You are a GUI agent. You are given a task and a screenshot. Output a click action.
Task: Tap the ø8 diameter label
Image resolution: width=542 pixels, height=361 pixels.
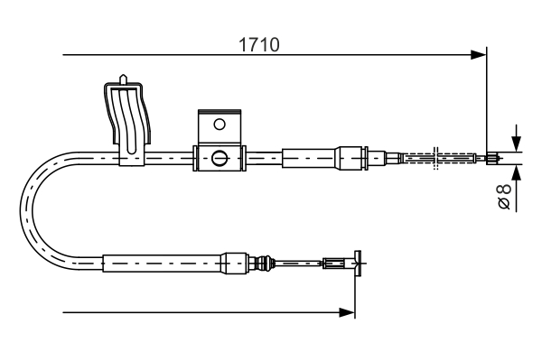(505, 197)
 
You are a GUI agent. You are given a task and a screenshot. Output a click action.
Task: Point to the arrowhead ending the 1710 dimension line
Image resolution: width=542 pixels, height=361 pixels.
(480, 56)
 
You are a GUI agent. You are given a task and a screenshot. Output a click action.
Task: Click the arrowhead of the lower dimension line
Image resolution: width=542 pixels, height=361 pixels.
(347, 312)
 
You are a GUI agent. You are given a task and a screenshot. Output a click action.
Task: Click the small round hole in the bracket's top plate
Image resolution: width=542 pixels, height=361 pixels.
(219, 124)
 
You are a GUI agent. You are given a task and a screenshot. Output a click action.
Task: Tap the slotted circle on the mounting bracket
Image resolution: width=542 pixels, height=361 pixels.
(219, 159)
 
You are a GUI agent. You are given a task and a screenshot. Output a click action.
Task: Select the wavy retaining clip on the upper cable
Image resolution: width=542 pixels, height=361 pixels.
(126, 122)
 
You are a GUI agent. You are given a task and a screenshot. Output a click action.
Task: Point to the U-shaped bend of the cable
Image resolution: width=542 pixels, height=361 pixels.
(34, 212)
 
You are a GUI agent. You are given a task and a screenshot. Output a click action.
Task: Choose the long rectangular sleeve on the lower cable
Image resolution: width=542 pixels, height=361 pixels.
(162, 264)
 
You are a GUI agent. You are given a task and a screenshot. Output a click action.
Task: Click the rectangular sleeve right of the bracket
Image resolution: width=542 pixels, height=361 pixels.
(309, 158)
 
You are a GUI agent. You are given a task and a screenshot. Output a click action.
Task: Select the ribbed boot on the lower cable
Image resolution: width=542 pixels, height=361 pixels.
(264, 264)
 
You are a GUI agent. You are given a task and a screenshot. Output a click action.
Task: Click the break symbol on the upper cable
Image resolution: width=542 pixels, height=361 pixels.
(435, 158)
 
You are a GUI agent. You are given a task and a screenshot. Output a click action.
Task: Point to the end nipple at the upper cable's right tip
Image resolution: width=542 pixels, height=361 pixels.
(491, 159)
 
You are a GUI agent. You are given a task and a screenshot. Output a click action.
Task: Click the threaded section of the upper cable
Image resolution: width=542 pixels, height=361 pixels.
(416, 159)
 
